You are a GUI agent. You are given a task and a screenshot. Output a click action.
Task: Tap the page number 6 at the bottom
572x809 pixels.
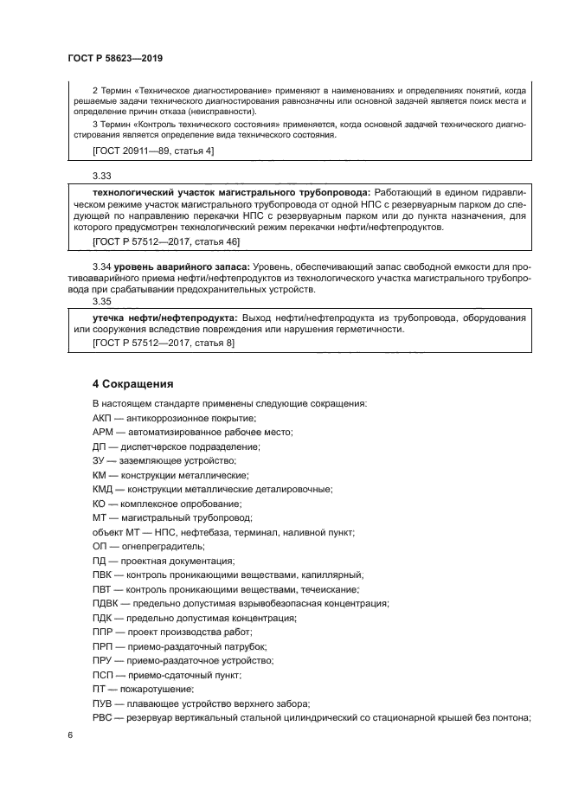(70, 735)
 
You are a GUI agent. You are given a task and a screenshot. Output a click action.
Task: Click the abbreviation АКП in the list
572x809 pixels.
(102, 418)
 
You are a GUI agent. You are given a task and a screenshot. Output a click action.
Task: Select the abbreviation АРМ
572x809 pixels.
(102, 432)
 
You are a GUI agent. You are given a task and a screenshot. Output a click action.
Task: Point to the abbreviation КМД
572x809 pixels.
(103, 489)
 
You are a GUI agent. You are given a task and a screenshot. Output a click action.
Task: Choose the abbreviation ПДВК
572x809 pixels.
(106, 603)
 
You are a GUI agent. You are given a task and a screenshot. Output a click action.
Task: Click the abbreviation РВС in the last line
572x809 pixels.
(102, 717)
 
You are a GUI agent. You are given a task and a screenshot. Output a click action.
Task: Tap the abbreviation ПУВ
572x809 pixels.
(102, 703)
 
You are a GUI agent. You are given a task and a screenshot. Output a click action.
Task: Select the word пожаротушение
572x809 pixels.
(158, 689)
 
